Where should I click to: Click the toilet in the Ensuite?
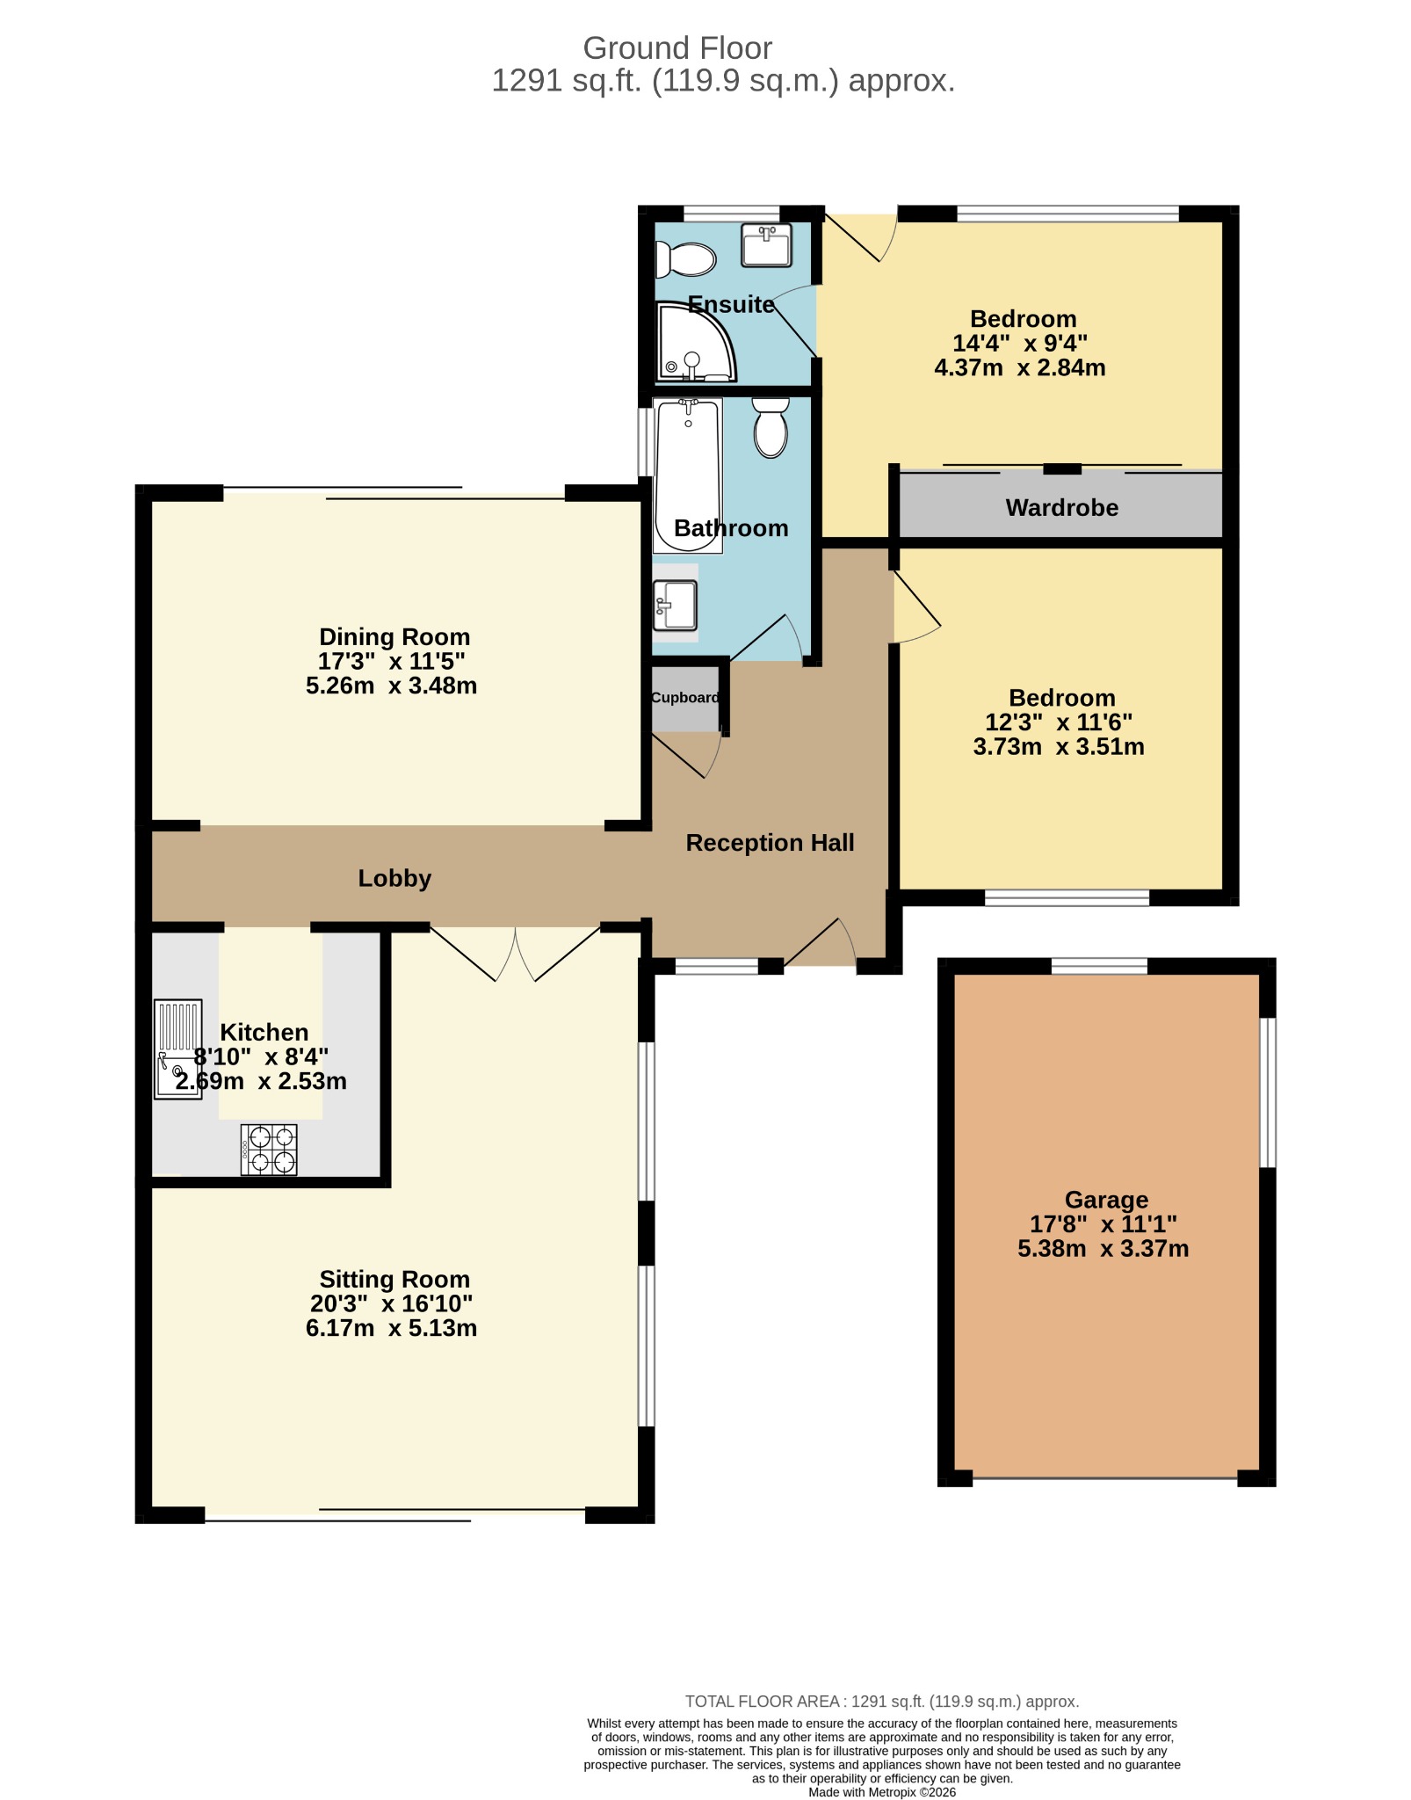(x=686, y=259)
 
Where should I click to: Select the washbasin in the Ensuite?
(x=767, y=245)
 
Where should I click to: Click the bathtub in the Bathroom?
(x=688, y=475)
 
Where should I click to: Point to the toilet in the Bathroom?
(x=771, y=427)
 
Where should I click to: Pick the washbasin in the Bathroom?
(x=676, y=605)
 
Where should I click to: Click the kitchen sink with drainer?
(x=178, y=1049)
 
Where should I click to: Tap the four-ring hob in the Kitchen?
(x=269, y=1150)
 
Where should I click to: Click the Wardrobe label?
(x=1062, y=507)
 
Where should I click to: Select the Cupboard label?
(x=685, y=697)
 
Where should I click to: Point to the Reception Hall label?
(x=770, y=842)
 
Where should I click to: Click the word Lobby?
(x=394, y=878)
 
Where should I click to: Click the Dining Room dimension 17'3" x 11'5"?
(x=392, y=661)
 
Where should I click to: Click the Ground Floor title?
(x=677, y=47)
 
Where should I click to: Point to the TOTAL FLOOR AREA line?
(x=882, y=1702)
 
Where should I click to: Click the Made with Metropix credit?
(x=882, y=1792)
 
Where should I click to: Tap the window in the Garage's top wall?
(x=1099, y=966)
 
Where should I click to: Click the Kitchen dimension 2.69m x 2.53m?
(x=261, y=1080)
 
